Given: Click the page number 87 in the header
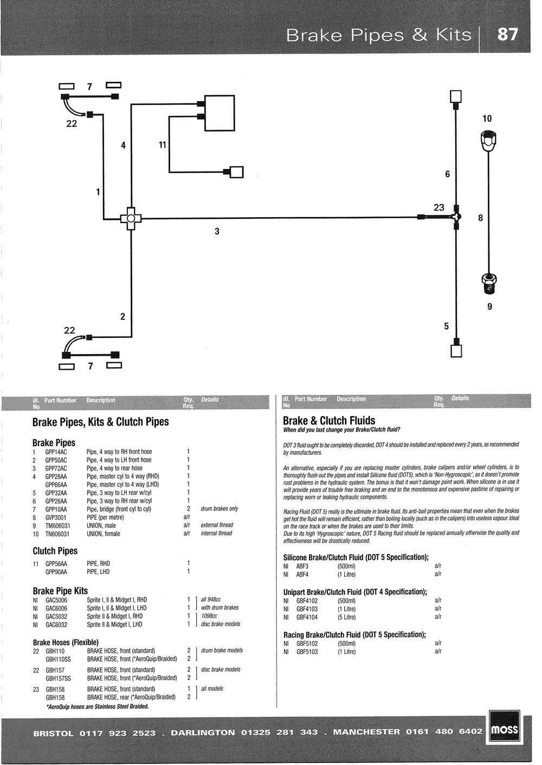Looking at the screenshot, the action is click(508, 35).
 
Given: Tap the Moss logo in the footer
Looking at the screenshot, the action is click(505, 731).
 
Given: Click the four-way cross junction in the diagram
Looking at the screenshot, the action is click(131, 219).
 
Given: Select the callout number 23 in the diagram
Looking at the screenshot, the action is click(438, 207).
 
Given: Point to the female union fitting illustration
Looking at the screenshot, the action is click(489, 140).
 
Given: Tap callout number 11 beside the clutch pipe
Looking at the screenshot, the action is click(163, 145).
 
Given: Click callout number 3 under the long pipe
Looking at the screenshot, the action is click(217, 231).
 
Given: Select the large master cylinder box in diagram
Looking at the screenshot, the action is click(220, 113).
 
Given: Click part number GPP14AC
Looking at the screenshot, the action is click(56, 452).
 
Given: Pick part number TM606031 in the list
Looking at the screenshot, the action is click(57, 526).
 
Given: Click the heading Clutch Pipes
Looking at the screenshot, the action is click(55, 551).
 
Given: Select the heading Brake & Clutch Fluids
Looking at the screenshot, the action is click(329, 421).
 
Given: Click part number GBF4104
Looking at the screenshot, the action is click(307, 617).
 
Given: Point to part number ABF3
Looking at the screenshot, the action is click(302, 566).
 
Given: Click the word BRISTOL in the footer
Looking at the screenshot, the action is click(53, 734).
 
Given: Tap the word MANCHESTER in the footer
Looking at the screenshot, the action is click(366, 732).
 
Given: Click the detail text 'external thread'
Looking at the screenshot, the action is click(217, 525).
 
